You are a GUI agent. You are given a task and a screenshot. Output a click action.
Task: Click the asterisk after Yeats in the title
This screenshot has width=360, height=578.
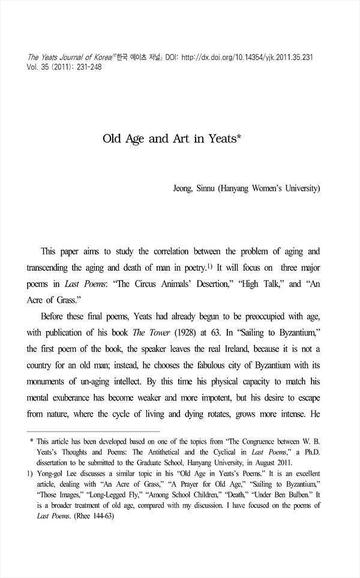(239, 139)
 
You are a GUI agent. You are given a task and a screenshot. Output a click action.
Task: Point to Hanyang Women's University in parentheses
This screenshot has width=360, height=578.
(271, 188)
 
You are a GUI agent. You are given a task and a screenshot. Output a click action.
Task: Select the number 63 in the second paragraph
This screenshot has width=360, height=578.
(251, 332)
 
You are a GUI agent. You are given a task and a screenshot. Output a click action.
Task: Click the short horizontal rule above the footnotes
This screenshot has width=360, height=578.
(94, 432)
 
